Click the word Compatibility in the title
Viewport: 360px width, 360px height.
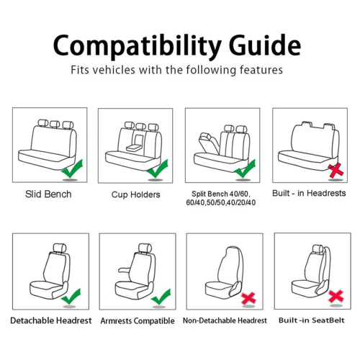137,46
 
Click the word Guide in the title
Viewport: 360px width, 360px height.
265,45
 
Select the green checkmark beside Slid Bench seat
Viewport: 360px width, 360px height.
72,168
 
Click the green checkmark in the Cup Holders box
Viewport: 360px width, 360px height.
157,168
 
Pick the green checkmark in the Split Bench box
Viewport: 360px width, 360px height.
245,168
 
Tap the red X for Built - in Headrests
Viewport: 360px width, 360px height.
336,171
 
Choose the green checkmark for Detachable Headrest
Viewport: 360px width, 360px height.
71,297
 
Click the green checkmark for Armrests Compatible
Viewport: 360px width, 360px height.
161,297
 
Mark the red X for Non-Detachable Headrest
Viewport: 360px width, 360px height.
248,298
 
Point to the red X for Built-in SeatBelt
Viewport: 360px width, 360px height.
336,297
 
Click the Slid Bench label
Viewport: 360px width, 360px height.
48,194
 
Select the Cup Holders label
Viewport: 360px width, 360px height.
135,194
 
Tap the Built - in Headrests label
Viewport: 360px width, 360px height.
309,193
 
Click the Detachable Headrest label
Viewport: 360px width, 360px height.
51,320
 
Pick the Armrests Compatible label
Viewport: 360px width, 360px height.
138,321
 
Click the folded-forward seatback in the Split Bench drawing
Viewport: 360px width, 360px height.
208,143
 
